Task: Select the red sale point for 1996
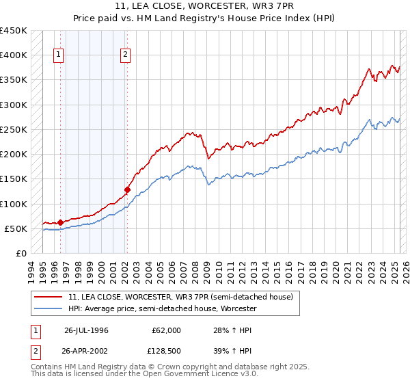[x=60, y=222]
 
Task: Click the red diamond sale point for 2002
[x=127, y=189]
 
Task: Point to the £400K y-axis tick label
[x=14, y=55]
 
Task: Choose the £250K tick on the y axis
[x=14, y=129]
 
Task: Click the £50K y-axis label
[x=16, y=228]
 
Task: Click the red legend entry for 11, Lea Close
[x=180, y=297]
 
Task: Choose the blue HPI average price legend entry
[x=162, y=309]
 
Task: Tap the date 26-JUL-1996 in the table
[x=87, y=330]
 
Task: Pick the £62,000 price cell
[x=166, y=330]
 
